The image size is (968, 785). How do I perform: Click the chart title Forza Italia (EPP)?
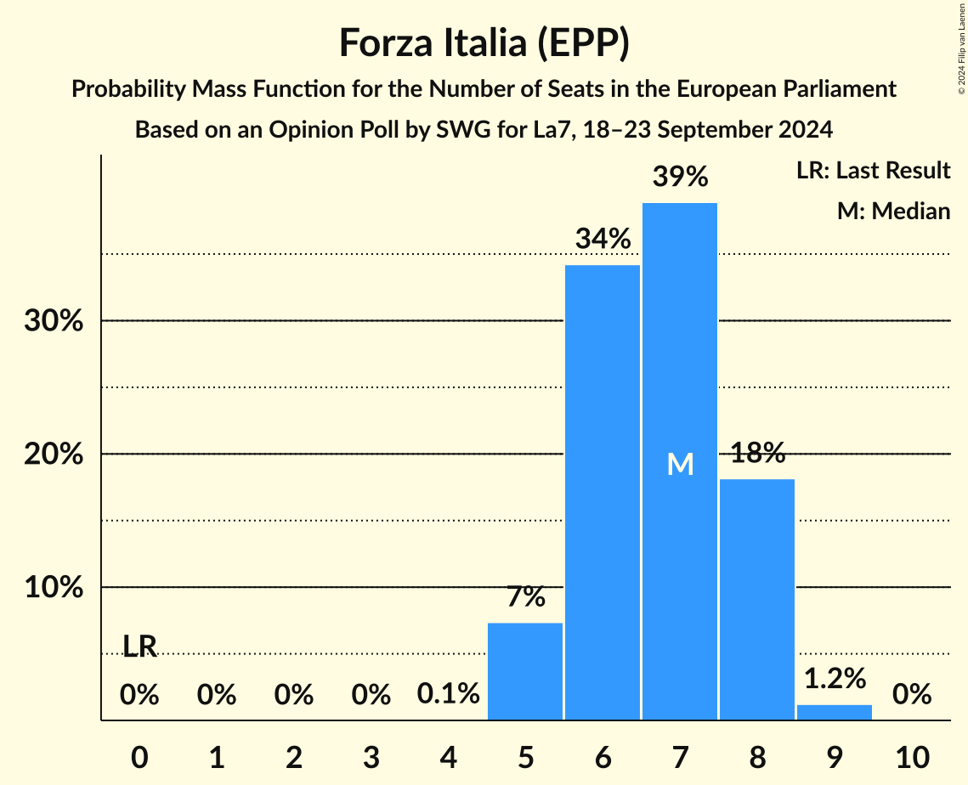pyautogui.click(x=484, y=42)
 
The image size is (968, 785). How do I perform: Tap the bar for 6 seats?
pyautogui.click(x=603, y=493)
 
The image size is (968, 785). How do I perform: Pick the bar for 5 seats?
pyautogui.click(x=525, y=671)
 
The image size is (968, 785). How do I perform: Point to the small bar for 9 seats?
pyautogui.click(x=834, y=712)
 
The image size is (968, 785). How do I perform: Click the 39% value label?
pyautogui.click(x=680, y=177)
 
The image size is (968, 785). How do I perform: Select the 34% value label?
pyautogui.click(x=603, y=240)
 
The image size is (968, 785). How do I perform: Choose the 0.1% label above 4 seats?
pyautogui.click(x=448, y=694)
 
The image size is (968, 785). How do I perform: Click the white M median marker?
pyautogui.click(x=680, y=464)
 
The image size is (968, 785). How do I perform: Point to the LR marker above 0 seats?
pyautogui.click(x=139, y=647)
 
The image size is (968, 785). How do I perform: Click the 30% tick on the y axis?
pyautogui.click(x=52, y=322)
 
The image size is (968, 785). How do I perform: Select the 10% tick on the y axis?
pyautogui.click(x=52, y=588)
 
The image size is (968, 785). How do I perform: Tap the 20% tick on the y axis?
pyautogui.click(x=52, y=455)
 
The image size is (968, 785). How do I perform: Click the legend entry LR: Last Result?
pyautogui.click(x=873, y=171)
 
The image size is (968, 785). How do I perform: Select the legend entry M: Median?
pyautogui.click(x=892, y=211)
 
